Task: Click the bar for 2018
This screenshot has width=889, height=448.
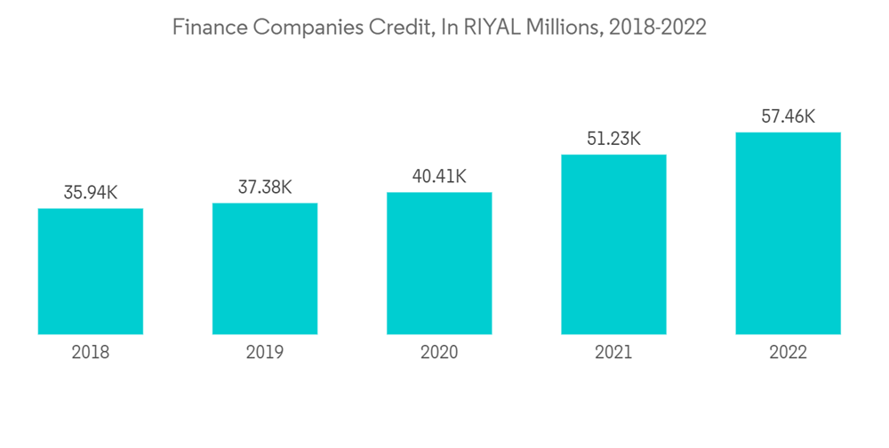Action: [x=91, y=271]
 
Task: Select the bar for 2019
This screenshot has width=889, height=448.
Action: [x=265, y=268]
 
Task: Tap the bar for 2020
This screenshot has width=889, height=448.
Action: [x=439, y=263]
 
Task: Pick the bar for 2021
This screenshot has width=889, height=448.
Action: [x=613, y=244]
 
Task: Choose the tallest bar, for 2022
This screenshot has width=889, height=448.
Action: [x=788, y=233]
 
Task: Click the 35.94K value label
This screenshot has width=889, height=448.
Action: [x=91, y=192]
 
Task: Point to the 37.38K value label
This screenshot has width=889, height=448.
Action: [x=265, y=187]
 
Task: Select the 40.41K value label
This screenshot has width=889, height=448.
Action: [x=439, y=176]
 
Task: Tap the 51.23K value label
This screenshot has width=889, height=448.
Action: [x=613, y=139]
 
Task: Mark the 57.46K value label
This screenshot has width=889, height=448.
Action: [x=788, y=116]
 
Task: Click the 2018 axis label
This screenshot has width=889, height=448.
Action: [x=91, y=353]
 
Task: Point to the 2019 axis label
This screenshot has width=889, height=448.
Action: [x=265, y=353]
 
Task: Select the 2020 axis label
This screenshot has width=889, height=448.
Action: [x=439, y=353]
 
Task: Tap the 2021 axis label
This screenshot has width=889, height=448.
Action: [x=613, y=353]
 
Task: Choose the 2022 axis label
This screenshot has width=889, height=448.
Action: [x=788, y=353]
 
